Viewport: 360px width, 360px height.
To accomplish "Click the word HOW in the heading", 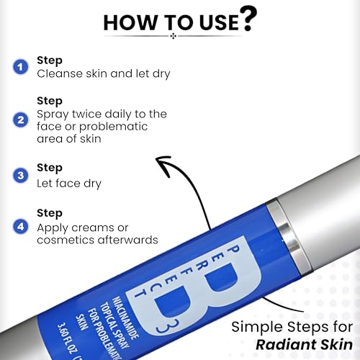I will pos(129,22).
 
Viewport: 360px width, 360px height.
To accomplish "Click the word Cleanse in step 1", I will pos(57,73).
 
